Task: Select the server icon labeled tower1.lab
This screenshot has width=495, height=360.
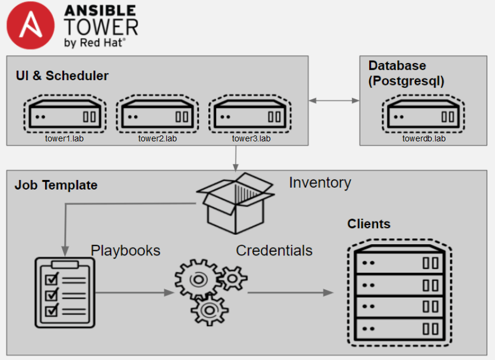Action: point(65,115)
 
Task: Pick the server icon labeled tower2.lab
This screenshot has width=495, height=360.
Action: point(157,115)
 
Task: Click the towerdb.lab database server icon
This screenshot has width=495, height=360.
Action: point(423,115)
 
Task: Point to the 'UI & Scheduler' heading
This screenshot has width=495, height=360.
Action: point(62,75)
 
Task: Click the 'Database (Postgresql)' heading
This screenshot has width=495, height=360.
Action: point(406,73)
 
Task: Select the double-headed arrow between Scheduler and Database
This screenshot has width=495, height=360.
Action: point(334,101)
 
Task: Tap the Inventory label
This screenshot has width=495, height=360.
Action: point(320,182)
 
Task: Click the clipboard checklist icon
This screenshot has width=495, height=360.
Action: point(63,292)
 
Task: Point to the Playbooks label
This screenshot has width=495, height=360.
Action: point(125,250)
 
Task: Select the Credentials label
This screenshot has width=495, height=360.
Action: point(274,250)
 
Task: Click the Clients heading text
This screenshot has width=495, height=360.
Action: point(369,224)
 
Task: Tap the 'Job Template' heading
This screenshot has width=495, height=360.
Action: point(56,185)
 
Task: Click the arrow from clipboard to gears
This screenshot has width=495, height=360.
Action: point(133,292)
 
